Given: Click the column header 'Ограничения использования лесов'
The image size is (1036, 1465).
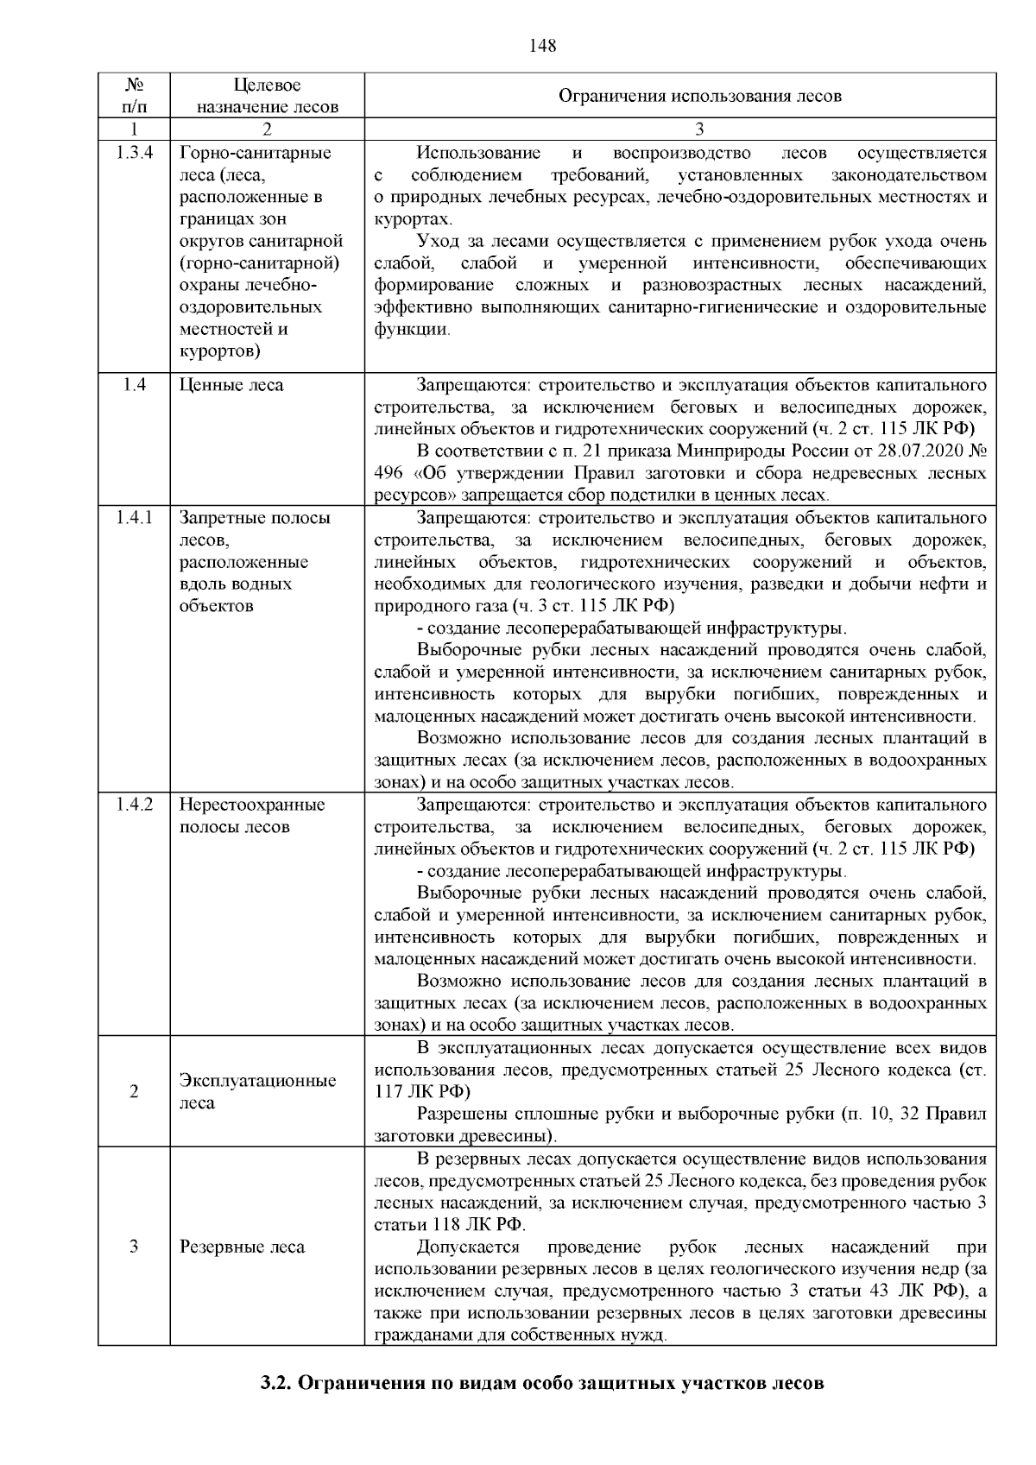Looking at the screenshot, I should [699, 96].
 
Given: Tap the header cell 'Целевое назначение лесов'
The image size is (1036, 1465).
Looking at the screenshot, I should [267, 96].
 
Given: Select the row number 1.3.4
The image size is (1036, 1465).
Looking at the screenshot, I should [134, 153].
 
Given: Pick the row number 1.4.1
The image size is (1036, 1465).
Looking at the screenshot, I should [134, 518].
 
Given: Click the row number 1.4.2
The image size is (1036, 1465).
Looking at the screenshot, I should [134, 805].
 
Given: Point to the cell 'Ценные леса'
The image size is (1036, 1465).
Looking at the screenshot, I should [231, 385].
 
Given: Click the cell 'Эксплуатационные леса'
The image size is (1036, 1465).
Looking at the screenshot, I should [257, 1091].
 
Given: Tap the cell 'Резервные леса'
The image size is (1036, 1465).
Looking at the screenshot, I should [242, 1247].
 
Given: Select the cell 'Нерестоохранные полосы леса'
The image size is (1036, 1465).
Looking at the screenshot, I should [252, 815].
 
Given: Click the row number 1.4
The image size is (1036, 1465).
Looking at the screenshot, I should [134, 385].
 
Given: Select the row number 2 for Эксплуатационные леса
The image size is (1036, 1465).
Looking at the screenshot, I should [134, 1091].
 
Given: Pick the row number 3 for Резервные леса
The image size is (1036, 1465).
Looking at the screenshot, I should [134, 1247].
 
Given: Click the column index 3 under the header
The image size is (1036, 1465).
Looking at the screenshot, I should [699, 129].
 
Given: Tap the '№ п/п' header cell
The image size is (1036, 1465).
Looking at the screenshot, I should [134, 96].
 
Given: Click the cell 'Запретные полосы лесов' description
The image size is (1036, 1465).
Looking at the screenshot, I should [254, 561].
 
